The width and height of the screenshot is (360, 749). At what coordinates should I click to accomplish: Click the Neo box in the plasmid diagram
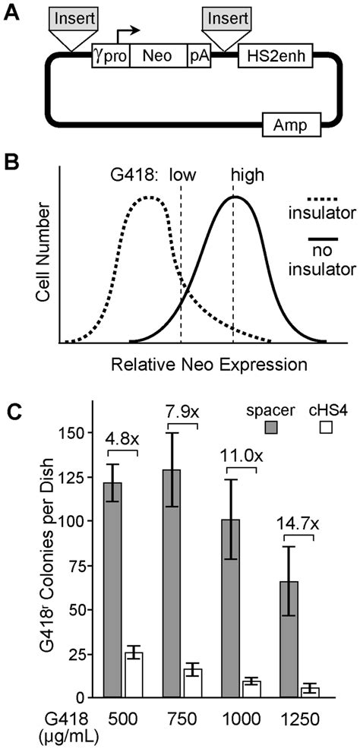[158, 56]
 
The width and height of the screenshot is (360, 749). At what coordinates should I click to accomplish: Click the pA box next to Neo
[197, 56]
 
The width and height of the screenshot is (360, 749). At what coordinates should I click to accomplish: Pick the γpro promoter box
[110, 56]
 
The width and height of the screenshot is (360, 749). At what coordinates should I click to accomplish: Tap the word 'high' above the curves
[248, 175]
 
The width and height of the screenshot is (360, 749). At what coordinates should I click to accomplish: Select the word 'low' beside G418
[182, 175]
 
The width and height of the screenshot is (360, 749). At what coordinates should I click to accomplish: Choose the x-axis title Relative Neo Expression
[209, 364]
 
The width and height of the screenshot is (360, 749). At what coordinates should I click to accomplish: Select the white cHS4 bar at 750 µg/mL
[192, 683]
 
